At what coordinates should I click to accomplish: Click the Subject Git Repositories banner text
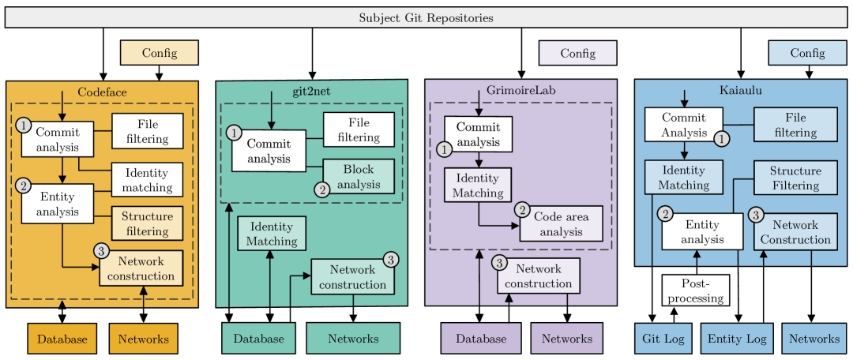click(x=426, y=17)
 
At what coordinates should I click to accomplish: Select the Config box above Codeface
click(x=160, y=53)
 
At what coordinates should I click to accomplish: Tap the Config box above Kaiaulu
click(x=807, y=53)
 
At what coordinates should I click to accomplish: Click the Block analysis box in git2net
click(x=359, y=178)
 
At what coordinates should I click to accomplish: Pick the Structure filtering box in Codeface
click(x=147, y=224)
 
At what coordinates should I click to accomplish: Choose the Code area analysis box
click(x=561, y=223)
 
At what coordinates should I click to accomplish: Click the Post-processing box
click(x=694, y=291)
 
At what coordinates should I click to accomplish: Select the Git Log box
click(x=663, y=339)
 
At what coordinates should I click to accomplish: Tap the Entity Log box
click(x=736, y=339)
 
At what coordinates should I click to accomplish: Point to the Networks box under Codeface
click(x=144, y=339)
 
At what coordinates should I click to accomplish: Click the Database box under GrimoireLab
click(x=481, y=339)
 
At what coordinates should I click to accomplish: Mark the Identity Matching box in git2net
click(x=272, y=234)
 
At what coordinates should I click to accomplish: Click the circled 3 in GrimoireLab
click(x=499, y=262)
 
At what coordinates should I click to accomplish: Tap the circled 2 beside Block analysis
click(x=322, y=189)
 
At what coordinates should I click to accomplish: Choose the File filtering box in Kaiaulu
click(x=795, y=125)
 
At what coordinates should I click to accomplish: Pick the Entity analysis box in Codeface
click(x=58, y=204)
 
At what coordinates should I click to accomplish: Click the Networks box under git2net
click(x=353, y=339)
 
